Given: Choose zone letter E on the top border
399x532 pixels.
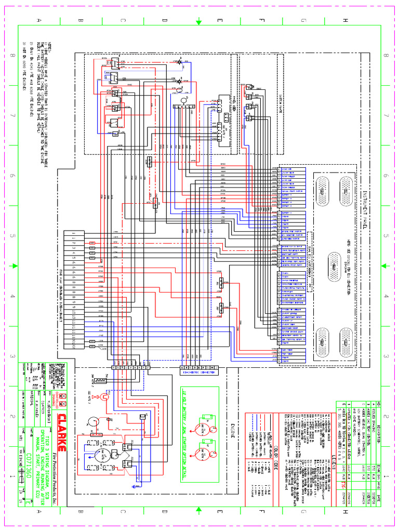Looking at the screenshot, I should [x=219, y=21].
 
